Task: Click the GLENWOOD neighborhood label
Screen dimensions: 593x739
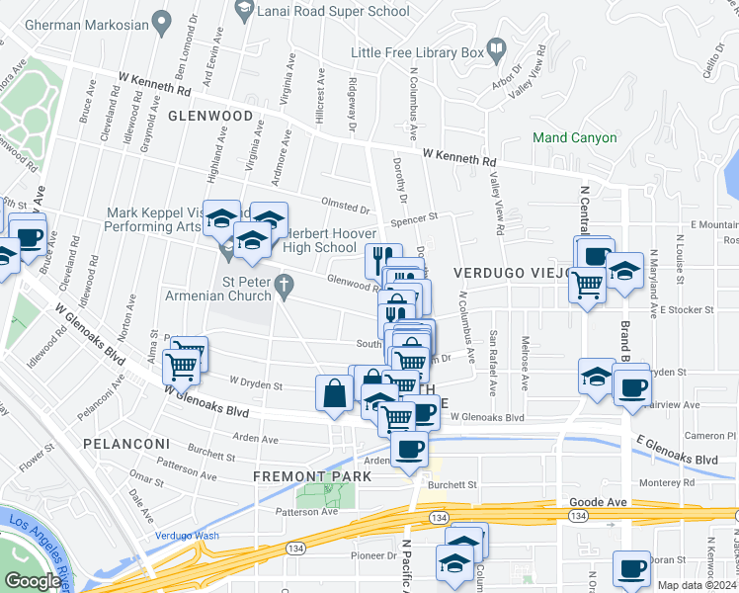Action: pyautogui.click(x=210, y=116)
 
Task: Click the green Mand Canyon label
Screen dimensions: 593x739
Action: pyautogui.click(x=574, y=138)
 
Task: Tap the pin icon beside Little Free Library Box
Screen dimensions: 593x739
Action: pyautogui.click(x=497, y=45)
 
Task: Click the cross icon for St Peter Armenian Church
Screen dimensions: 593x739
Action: pyautogui.click(x=285, y=288)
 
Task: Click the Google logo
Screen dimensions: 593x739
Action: pyautogui.click(x=33, y=581)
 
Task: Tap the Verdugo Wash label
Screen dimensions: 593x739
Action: pyautogui.click(x=187, y=536)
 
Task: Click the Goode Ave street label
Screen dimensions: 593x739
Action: pyautogui.click(x=599, y=502)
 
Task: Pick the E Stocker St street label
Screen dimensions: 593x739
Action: pyautogui.click(x=688, y=310)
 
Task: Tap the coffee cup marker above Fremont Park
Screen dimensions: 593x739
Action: pyautogui.click(x=409, y=449)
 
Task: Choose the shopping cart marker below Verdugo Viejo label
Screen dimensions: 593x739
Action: pyautogui.click(x=588, y=286)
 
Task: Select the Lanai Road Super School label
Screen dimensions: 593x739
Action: pyautogui.click(x=332, y=12)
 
